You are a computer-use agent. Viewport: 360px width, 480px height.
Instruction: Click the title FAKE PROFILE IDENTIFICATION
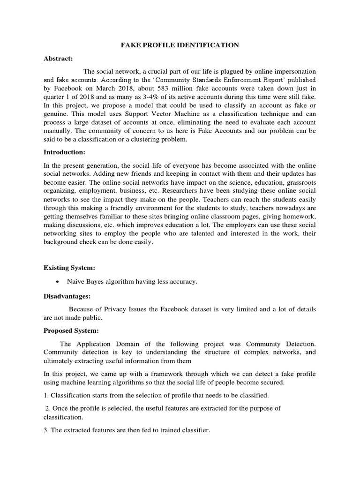pos(180,45)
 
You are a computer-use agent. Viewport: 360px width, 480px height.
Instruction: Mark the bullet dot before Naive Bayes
pos(57,282)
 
